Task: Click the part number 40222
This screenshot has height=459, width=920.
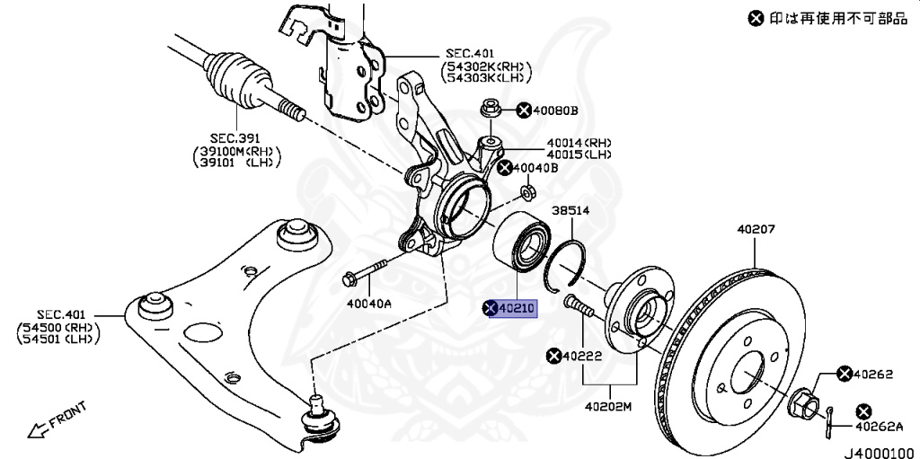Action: coord(582,357)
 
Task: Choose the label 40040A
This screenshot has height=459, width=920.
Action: coord(369,304)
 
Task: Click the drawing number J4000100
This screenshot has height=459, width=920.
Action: coord(877,452)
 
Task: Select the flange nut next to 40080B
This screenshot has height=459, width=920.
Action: coord(491,108)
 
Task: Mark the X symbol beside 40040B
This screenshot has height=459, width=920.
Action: coord(506,167)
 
